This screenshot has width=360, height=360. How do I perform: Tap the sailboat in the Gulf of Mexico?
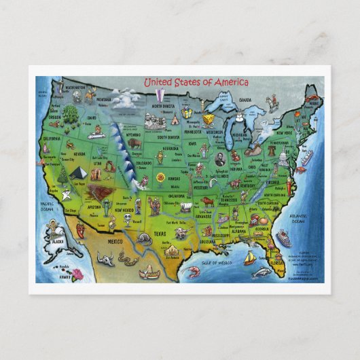pos(249,257)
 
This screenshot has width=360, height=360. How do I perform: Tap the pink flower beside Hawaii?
pos(77,274)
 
